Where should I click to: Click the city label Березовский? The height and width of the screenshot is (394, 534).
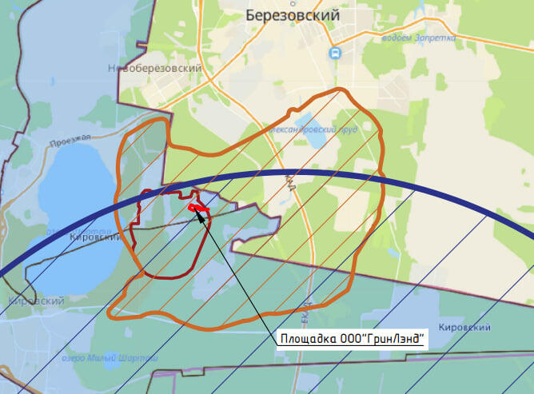pos(293,15)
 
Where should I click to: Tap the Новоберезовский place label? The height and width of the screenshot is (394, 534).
pos(154,70)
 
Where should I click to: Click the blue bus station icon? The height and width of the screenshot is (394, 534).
pos(334,53)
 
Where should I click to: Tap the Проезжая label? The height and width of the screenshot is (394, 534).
pos(66,140)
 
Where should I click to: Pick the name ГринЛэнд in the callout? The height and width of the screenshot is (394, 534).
pos(395,340)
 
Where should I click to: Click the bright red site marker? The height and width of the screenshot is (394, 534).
pos(197,209)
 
